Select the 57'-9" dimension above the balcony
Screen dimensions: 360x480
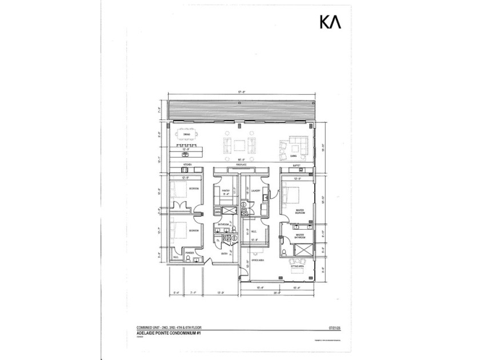pos(240,94)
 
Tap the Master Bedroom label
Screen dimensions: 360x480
pos(299,213)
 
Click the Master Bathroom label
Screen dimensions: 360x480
pos(299,235)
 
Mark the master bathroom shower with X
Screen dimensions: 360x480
pos(305,249)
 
